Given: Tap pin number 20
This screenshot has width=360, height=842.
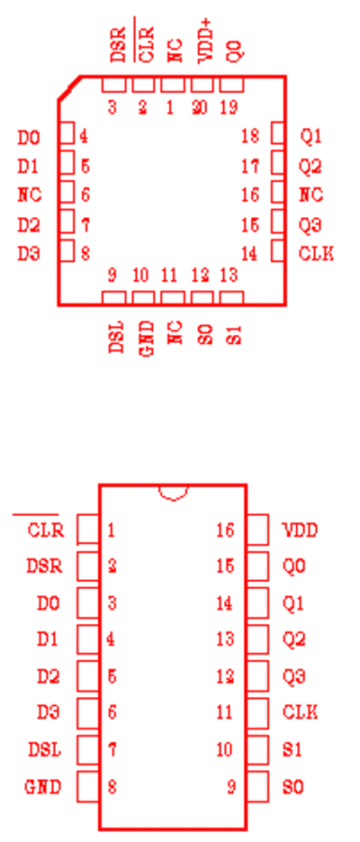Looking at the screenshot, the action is point(200,108).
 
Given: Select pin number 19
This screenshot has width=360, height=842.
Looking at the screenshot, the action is point(229,108).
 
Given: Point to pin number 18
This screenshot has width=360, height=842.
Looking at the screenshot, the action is point(250,136).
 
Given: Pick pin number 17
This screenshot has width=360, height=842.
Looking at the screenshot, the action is point(250,167).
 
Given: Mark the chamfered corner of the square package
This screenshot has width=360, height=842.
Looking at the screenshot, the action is point(69,88).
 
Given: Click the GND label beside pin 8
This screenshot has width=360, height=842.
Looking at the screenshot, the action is point(43,787).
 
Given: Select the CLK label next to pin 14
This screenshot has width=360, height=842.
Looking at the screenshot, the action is point(316,253).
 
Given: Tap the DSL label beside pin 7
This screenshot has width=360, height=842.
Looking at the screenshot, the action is point(44,749).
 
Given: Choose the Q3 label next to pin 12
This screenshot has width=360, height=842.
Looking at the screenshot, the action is point(293,676).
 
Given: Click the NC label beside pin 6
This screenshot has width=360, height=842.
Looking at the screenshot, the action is point(30,195).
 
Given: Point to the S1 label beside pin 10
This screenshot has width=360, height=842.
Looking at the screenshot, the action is point(292,749).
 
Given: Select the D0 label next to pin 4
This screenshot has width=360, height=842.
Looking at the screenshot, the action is point(29,138).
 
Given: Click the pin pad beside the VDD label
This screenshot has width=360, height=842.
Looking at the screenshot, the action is point(257,530).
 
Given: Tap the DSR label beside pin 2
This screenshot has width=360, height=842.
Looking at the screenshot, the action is point(44,566).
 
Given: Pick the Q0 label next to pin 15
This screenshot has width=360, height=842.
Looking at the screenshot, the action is point(293,566).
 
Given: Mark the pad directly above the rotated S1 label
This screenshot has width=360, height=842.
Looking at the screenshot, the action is point(232,298).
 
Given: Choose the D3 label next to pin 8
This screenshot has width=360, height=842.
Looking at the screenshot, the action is point(29,253).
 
